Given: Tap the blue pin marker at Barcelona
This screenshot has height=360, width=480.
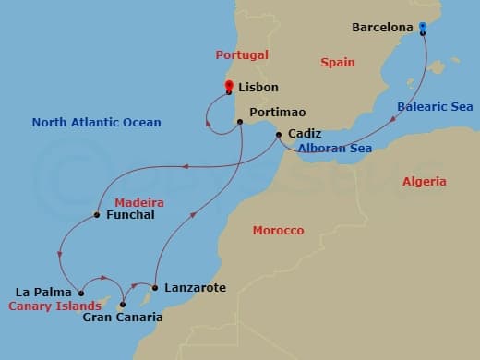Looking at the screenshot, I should [x=423, y=27].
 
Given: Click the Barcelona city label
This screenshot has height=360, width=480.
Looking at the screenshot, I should [x=382, y=28].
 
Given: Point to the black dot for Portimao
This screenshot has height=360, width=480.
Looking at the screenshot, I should [x=240, y=121].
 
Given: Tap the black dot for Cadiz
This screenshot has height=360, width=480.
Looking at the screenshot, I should [x=279, y=136].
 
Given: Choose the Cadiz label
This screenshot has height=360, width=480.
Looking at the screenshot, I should [x=305, y=133].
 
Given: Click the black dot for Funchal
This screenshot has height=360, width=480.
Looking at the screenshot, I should [x=96, y=216].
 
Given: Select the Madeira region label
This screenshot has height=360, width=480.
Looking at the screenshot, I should [x=139, y=201].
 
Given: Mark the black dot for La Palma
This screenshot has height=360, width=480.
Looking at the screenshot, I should [x=82, y=293].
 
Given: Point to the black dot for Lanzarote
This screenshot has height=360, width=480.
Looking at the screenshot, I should [x=154, y=288].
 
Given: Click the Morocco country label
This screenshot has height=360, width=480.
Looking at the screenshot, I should [x=278, y=230].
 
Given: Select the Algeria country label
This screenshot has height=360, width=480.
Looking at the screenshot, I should [x=425, y=182].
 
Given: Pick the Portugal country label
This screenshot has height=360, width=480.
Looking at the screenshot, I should [x=242, y=55].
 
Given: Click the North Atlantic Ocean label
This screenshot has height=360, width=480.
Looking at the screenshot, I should [x=96, y=122].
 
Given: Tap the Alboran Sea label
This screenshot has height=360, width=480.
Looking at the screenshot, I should [x=334, y=147].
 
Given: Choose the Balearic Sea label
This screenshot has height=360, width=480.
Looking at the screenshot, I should [x=435, y=107].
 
